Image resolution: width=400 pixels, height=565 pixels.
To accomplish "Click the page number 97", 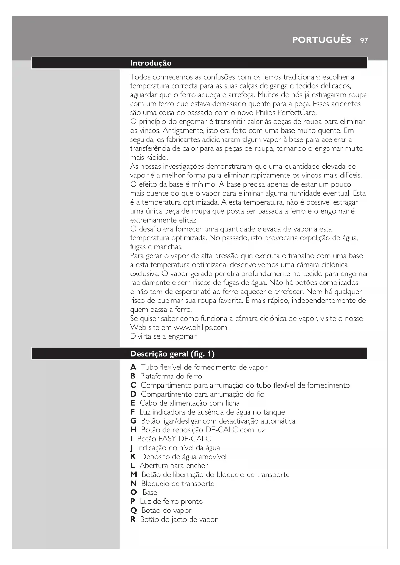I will [x=364, y=40].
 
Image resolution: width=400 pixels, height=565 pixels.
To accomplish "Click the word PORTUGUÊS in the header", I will [x=322, y=40].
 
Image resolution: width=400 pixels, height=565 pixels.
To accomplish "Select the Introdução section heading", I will [x=151, y=63].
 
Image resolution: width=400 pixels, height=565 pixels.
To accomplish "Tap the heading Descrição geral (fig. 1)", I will [x=172, y=354].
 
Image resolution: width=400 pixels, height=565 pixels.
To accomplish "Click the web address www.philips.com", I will [x=201, y=328].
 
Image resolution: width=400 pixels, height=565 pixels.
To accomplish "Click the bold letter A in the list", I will [x=133, y=368].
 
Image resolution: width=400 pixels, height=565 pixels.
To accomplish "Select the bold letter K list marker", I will [x=133, y=457].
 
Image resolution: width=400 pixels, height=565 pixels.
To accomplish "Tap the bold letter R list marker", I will [x=133, y=520].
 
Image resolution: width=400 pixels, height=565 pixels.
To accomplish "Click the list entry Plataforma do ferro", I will [x=171, y=376].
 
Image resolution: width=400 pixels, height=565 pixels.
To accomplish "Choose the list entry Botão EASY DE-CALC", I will [x=174, y=439].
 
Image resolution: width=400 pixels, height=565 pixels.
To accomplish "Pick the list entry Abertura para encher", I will [x=174, y=466].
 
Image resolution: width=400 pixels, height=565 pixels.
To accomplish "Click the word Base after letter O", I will [x=150, y=493].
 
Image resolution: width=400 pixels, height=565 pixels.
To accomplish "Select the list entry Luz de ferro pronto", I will [x=171, y=502].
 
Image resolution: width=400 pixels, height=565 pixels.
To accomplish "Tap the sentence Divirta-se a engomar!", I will [x=164, y=336].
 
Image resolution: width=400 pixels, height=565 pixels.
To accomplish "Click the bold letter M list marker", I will [x=133, y=475].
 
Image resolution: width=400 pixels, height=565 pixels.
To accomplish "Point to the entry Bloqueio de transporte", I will [x=178, y=484].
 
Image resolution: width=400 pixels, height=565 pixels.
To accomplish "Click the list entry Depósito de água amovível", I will [x=183, y=457].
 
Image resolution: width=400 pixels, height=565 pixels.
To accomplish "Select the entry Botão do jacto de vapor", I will [x=179, y=520].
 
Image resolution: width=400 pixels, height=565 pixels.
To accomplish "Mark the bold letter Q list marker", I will [x=133, y=511].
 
